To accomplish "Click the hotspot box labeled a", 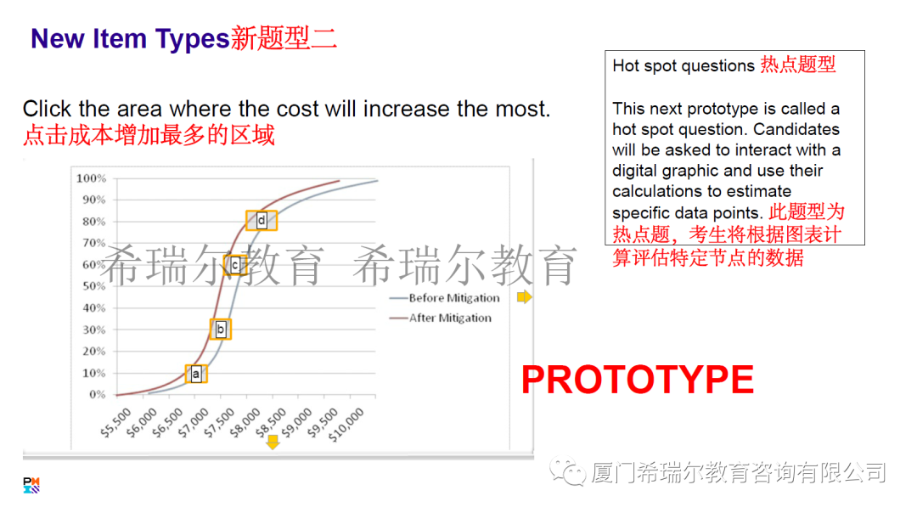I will click(196, 373).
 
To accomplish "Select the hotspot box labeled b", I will click(221, 329).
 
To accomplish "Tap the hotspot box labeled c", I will click(235, 265).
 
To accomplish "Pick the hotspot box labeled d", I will click(262, 221).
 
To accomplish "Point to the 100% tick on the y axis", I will click(91, 178).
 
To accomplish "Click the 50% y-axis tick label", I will click(93, 286).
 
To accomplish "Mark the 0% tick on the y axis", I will click(97, 395).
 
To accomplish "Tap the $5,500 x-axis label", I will click(116, 421).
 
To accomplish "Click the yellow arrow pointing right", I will click(524, 297).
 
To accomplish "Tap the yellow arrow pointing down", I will click(273, 442).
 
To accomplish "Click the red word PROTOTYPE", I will click(637, 380).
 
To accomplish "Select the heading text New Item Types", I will click(129, 38).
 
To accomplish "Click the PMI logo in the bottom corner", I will click(31, 485).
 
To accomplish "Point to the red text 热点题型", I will click(797, 65).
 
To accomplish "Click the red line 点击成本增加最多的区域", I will click(149, 135).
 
